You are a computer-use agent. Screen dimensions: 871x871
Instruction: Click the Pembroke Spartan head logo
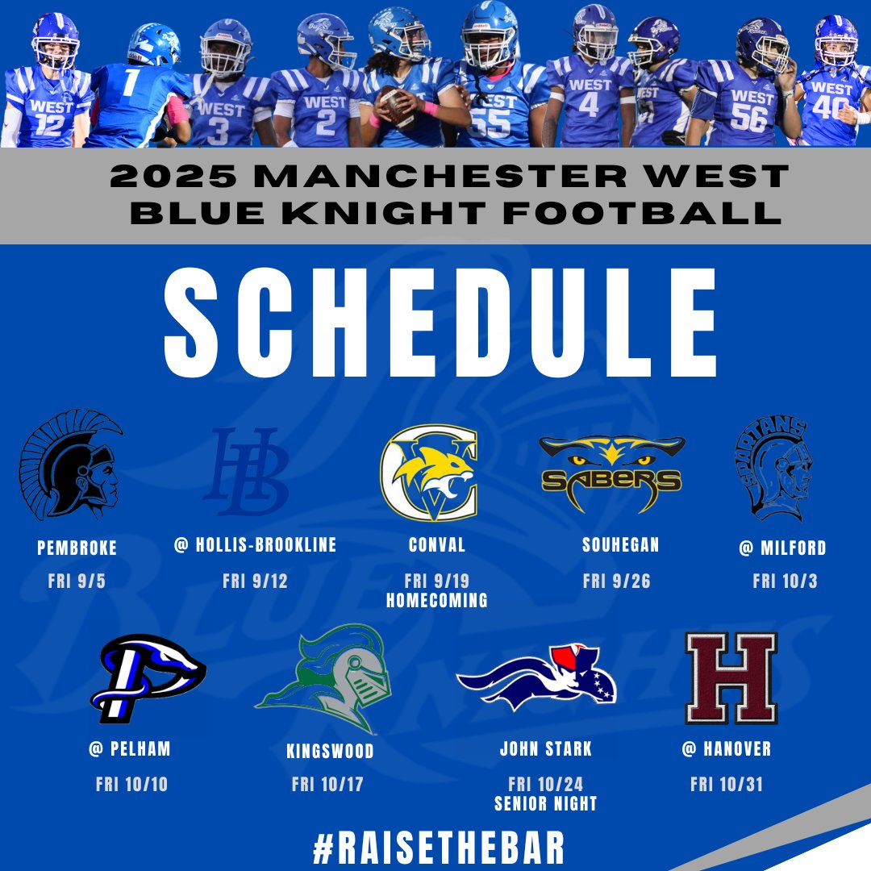[70, 465]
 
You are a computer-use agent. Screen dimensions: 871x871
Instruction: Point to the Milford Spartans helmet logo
[773, 468]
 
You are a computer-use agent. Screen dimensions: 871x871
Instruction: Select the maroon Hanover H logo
[731, 677]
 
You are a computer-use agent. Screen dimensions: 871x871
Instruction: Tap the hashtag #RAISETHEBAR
[439, 848]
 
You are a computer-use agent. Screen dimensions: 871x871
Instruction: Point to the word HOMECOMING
[436, 601]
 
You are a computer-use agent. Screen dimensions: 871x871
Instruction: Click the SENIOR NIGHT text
[546, 803]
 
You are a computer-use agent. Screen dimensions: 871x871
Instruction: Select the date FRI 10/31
[727, 785]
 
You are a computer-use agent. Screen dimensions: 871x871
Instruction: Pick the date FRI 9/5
[77, 581]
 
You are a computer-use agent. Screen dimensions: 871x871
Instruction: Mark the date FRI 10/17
[327, 785]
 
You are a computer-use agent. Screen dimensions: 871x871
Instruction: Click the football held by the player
[397, 106]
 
